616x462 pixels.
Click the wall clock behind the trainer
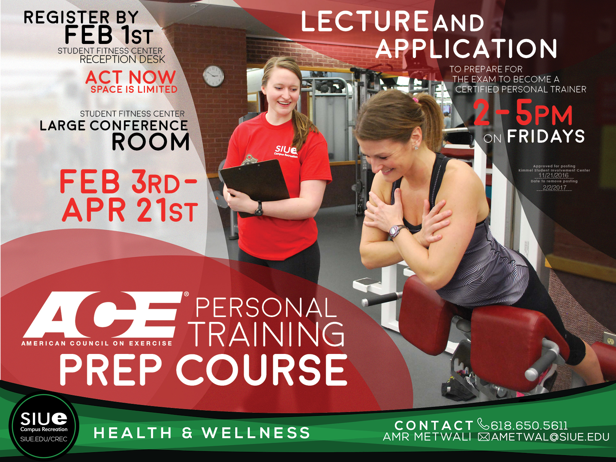[214, 76]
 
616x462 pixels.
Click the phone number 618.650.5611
[529, 425]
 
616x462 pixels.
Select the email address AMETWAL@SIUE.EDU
[550, 437]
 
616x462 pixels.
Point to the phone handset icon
[483, 424]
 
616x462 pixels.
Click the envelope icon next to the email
[484, 437]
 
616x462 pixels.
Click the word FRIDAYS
[546, 136]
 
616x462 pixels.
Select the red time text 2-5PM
[523, 114]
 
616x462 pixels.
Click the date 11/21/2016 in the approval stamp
[553, 175]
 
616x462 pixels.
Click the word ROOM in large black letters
[151, 142]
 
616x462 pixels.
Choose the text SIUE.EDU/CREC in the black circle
[44, 439]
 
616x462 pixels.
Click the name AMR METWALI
[427, 437]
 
